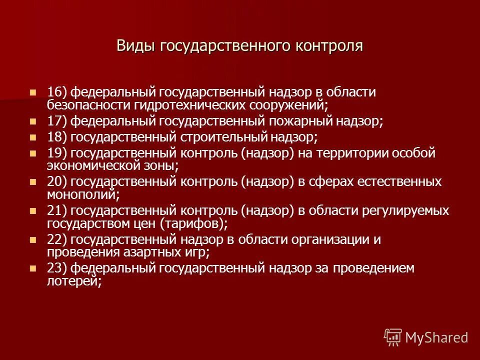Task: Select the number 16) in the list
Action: pyautogui.click(x=57, y=92)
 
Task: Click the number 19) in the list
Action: pyautogui.click(x=57, y=152)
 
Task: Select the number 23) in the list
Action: pyautogui.click(x=57, y=268)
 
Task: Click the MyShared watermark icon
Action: pyautogui.click(x=392, y=337)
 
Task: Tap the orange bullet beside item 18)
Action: pyautogui.click(x=33, y=136)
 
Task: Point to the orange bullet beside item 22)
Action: pyautogui.click(x=33, y=239)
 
